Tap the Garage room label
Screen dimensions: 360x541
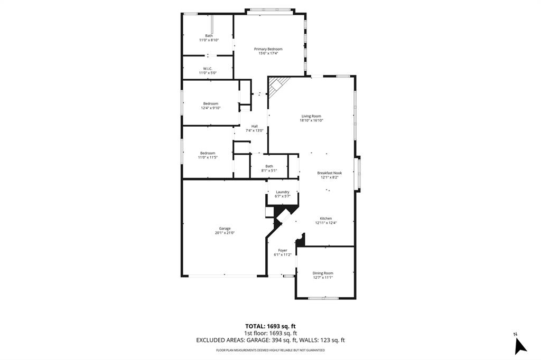pos(225,229)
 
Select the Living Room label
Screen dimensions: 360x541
pos(311,116)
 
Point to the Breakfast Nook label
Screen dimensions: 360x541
pos(330,173)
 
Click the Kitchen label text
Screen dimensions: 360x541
pos(325,219)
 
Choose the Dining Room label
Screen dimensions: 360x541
pos(323,273)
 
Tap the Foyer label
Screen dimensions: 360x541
pos(283,250)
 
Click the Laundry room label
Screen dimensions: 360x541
pos(282,192)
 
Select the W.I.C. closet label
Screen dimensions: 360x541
pos(208,68)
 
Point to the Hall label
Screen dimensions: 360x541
pos(255,126)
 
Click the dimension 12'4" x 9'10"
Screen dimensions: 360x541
pos(210,108)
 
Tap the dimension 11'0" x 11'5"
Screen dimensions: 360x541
pos(208,157)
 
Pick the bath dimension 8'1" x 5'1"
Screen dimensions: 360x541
pos(269,170)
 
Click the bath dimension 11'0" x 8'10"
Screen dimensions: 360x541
pos(209,40)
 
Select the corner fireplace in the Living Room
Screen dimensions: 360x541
pos(277,85)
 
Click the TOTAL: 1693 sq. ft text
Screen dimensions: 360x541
pos(270,326)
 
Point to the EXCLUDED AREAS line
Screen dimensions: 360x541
pos(270,340)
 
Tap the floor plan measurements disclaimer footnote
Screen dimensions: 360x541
pos(270,350)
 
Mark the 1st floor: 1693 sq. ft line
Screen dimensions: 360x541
pos(270,333)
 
